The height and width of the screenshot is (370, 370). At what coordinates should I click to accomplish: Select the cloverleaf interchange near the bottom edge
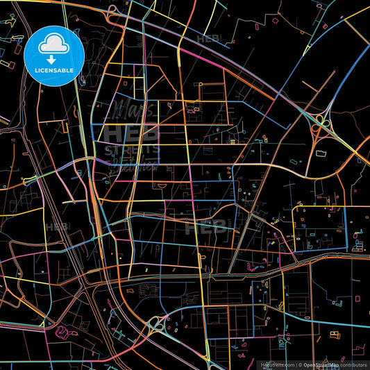[158, 323]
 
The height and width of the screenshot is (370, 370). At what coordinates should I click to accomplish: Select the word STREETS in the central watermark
[132, 149]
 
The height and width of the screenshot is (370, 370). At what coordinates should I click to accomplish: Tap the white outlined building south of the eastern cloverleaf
[323, 152]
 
